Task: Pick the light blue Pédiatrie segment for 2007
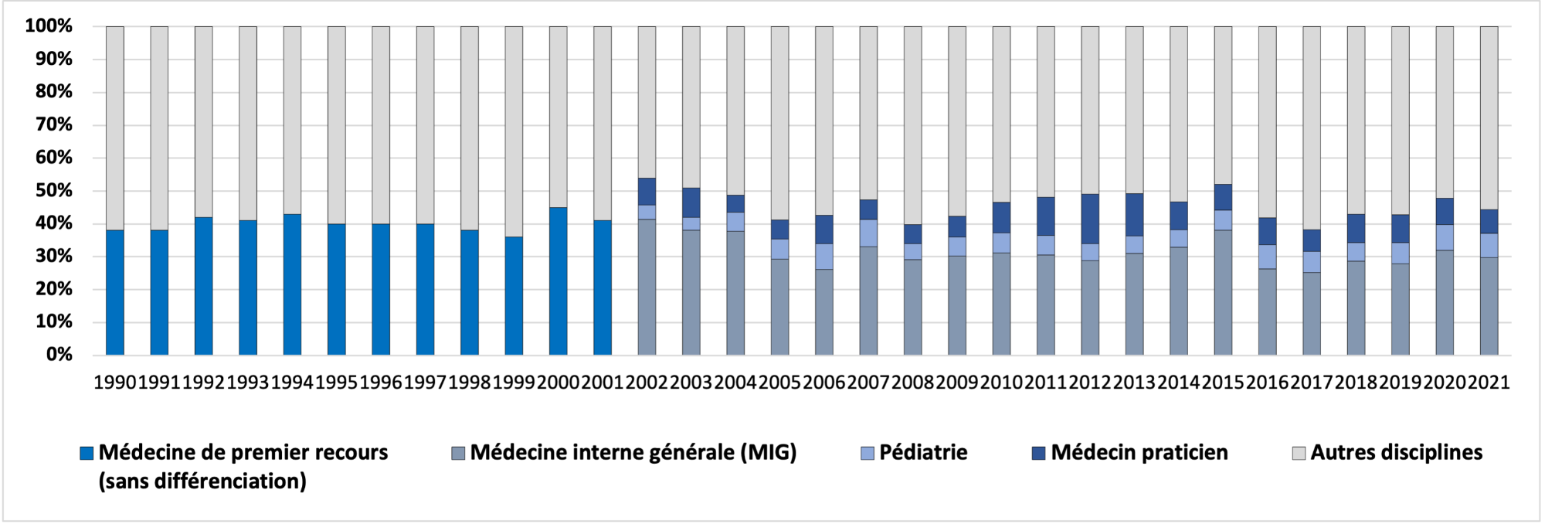pos(868,233)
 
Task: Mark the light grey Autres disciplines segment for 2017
pos(1312,128)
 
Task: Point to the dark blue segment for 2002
pos(647,192)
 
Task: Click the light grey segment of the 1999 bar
pos(514,131)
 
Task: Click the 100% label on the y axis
pos(49,26)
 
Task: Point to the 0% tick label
pos(59,355)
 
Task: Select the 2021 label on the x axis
pos(1489,383)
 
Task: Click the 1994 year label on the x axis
pos(292,383)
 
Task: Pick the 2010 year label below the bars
pos(1001,383)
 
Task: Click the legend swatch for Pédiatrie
pos(868,453)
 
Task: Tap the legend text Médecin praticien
pos(1139,453)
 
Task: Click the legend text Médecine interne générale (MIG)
pos(633,453)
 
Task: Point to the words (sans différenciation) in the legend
pos(202,481)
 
